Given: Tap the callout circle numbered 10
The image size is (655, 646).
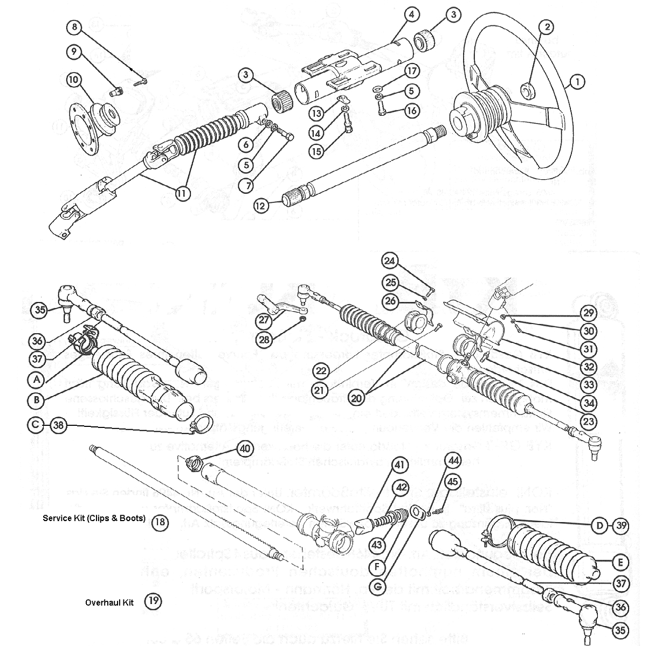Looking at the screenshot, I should coord(74,80).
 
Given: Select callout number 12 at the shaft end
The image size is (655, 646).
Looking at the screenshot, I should coord(261,205).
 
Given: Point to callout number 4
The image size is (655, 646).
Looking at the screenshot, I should coord(411,15).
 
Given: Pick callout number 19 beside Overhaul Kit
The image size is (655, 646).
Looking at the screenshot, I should coord(154,601).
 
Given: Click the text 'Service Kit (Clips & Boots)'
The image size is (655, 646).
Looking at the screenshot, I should coord(94,518).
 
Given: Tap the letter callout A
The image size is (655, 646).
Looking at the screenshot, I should coord(36,380).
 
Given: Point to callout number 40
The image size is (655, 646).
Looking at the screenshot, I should coord(245,448).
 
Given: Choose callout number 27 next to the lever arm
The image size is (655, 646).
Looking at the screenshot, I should coord(264,320).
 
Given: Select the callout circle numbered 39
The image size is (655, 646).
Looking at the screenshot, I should coord(621,526).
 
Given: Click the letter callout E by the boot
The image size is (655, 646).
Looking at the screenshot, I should coord(621,563).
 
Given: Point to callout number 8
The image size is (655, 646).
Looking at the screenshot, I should coord(74,27).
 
